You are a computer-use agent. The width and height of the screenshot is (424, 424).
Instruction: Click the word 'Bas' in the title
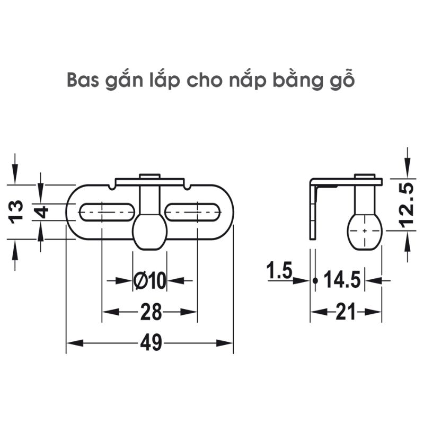click(84, 81)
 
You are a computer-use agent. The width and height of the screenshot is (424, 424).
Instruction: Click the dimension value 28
click(151, 312)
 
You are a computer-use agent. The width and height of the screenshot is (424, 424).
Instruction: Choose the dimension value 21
click(346, 313)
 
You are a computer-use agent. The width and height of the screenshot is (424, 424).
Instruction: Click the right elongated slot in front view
click(192, 211)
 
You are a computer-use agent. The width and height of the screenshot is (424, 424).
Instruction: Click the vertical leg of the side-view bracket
click(313, 212)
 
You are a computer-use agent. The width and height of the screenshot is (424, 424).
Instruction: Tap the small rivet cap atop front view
click(149, 176)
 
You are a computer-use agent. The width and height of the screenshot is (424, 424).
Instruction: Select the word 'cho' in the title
click(200, 81)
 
